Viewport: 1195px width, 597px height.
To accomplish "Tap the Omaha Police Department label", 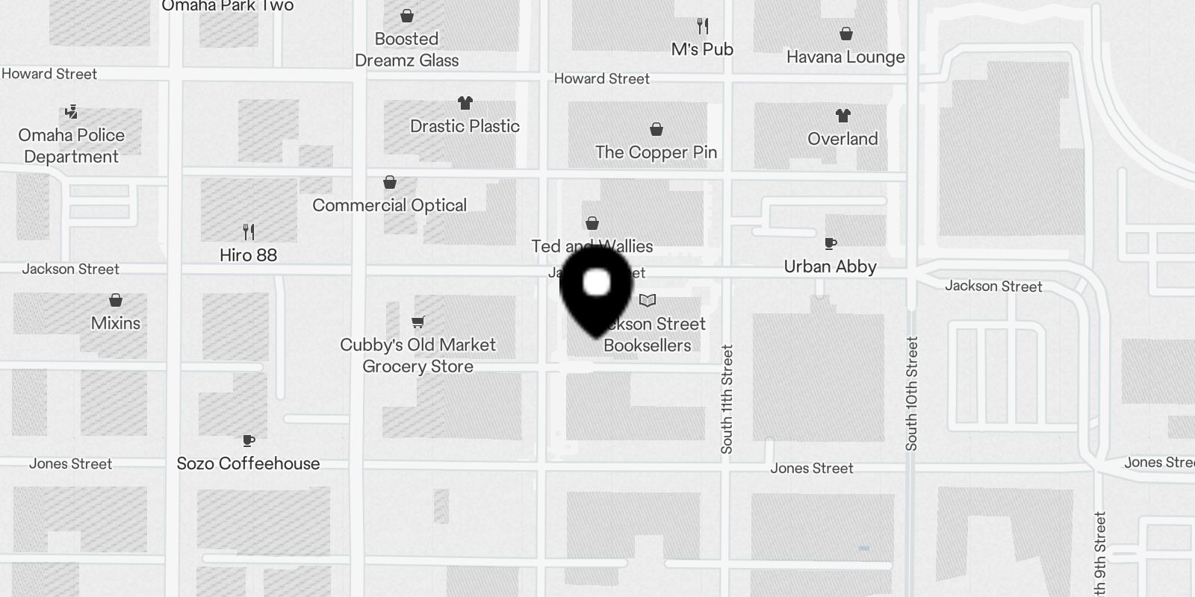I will pyautogui.click(x=72, y=146).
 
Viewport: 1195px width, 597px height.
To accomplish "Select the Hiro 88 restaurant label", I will pyautogui.click(x=248, y=255).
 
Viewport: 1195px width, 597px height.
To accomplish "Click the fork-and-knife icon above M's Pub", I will pyautogui.click(x=702, y=27).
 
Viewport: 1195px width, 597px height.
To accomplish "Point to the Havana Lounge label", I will pyautogui.click(x=845, y=57).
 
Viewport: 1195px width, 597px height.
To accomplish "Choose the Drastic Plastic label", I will pyautogui.click(x=465, y=126).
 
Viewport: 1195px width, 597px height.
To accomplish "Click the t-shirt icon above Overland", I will pyautogui.click(x=842, y=116).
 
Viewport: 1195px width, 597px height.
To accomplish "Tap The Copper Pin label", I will pyautogui.click(x=656, y=152).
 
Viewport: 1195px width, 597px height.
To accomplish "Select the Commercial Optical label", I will pyautogui.click(x=389, y=205).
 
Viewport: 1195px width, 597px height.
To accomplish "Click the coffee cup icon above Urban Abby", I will pyautogui.click(x=830, y=243).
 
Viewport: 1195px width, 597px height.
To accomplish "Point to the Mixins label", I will pyautogui.click(x=116, y=323).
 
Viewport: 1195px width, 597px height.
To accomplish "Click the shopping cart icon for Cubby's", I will pyautogui.click(x=418, y=322).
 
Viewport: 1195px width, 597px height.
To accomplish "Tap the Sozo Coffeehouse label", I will pyautogui.click(x=248, y=463).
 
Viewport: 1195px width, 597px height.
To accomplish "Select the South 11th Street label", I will pyautogui.click(x=727, y=398).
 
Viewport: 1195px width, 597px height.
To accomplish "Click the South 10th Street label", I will pyautogui.click(x=911, y=393).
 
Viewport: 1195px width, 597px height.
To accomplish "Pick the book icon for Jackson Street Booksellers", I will pyautogui.click(x=648, y=301).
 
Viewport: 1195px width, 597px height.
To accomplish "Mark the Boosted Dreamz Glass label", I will pyautogui.click(x=406, y=49).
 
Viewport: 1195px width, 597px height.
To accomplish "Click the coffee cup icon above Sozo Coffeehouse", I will pyautogui.click(x=249, y=440).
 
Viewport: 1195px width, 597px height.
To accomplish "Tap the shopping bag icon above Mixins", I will pyautogui.click(x=116, y=300).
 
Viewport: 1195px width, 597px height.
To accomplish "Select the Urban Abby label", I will pyautogui.click(x=830, y=266).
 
